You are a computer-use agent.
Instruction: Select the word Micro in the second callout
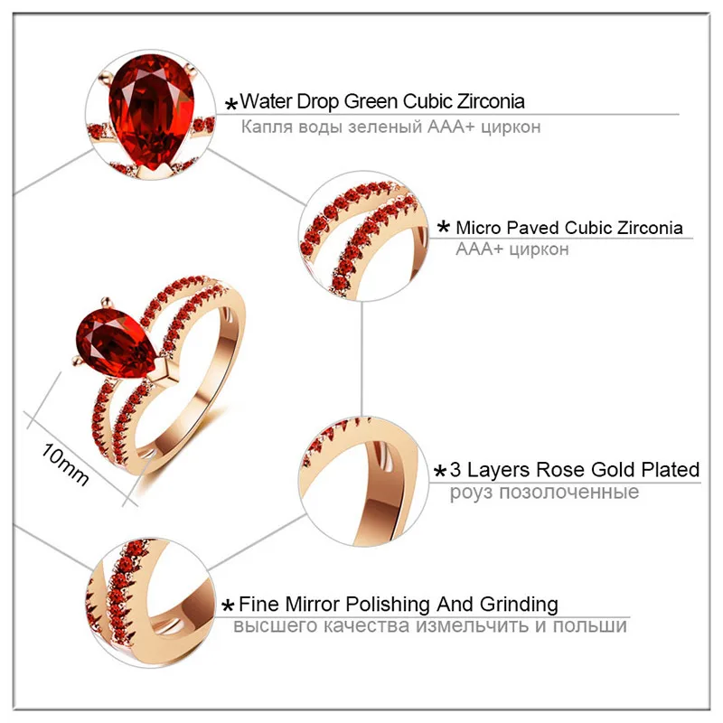click(x=479, y=227)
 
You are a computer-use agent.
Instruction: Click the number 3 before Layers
click(x=455, y=470)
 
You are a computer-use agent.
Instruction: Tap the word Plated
click(x=668, y=470)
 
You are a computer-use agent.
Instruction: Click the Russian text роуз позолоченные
click(x=545, y=493)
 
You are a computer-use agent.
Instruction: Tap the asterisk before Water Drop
click(x=231, y=104)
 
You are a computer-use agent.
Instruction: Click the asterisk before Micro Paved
click(x=444, y=229)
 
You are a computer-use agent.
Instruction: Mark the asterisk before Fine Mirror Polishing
click(x=230, y=606)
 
